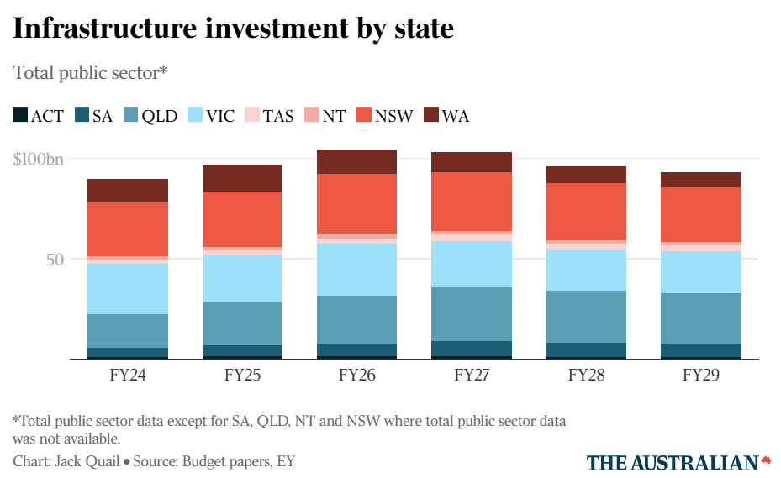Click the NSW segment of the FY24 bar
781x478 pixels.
click(128, 229)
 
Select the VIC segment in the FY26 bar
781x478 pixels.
click(356, 269)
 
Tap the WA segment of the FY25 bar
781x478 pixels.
click(242, 178)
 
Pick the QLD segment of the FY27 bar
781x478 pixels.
click(471, 314)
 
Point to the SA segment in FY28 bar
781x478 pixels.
click(585, 349)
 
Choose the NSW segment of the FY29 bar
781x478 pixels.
click(700, 214)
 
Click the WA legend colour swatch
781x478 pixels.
click(430, 115)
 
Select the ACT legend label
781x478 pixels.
click(47, 116)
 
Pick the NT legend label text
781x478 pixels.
click(334, 116)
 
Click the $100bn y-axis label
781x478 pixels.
click(39, 159)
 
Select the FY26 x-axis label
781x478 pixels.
click(356, 375)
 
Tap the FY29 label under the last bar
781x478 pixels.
click(700, 375)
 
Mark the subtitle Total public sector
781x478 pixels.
click(90, 73)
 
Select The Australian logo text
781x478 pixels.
click(672, 463)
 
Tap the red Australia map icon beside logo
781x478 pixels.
click(766, 460)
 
